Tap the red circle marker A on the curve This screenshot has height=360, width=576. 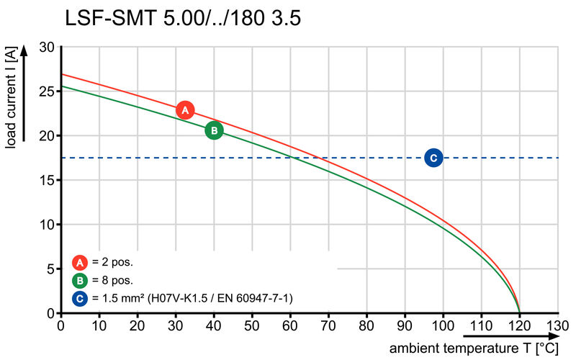[185, 110]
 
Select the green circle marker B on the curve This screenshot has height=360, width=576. [214, 130]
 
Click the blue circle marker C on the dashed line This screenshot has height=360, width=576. [433, 158]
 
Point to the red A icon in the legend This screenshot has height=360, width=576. [79, 263]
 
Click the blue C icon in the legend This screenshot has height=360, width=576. [79, 297]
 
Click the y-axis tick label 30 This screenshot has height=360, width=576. [47, 48]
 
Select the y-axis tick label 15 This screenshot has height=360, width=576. [47, 180]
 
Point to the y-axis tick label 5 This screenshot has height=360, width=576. [50, 269]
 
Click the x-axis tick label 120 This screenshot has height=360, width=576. [519, 325]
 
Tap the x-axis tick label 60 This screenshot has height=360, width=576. [290, 325]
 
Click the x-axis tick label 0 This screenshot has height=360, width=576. [61, 325]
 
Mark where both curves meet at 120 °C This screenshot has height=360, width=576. [519, 312]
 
